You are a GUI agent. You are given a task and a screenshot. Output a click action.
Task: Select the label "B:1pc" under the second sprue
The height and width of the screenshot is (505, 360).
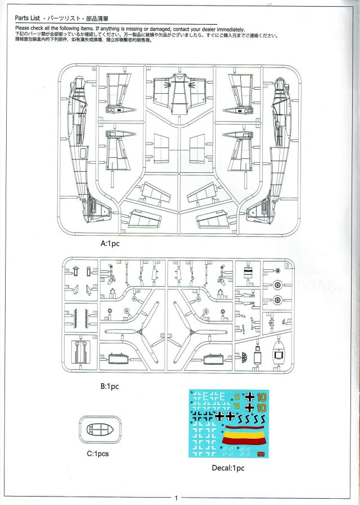click(x=109, y=387)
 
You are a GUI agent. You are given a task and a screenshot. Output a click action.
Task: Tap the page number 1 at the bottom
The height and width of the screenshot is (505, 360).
click(x=176, y=498)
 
